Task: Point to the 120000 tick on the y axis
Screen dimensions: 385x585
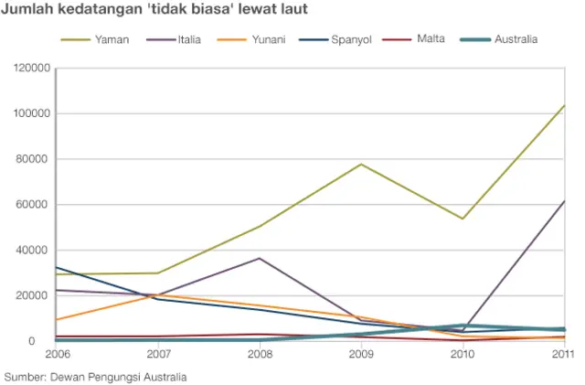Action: tap(29, 69)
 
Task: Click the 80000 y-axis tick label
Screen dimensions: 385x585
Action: tap(32, 159)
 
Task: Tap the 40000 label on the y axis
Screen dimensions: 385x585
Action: tap(32, 250)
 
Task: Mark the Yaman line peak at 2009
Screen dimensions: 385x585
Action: tap(361, 165)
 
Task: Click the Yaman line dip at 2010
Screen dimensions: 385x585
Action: tap(463, 219)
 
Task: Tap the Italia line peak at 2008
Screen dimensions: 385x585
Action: tap(260, 259)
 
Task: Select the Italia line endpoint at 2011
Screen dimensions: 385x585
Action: tap(564, 201)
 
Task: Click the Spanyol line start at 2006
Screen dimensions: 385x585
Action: tap(57, 268)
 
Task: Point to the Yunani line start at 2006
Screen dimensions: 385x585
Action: tap(57, 320)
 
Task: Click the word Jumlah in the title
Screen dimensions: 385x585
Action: tap(28, 11)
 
